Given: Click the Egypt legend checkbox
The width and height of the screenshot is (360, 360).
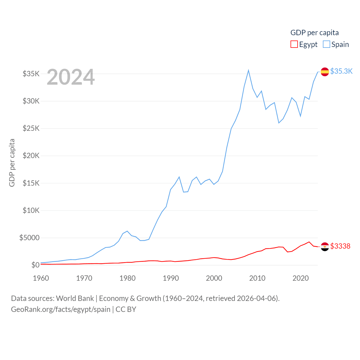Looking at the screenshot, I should (x=294, y=44).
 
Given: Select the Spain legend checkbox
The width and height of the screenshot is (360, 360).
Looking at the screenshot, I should (x=326, y=44).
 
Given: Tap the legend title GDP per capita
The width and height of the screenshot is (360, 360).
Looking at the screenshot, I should (x=314, y=33).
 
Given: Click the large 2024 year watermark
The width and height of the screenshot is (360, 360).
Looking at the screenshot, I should (x=71, y=77).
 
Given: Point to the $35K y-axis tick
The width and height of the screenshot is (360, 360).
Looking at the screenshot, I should (x=31, y=74).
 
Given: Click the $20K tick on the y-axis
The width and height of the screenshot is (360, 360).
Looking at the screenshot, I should (x=31, y=156).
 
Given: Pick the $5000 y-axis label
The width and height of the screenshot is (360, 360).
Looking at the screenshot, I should (x=29, y=238).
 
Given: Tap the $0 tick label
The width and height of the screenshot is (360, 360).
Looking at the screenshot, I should (x=35, y=265).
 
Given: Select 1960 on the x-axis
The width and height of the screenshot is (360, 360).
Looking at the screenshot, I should (x=41, y=278).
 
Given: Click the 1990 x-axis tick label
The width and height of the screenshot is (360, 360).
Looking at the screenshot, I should (x=171, y=278).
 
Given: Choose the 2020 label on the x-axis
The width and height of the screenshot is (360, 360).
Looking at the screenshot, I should (x=301, y=278).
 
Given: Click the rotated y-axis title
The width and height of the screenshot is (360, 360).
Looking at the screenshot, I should (x=12, y=163).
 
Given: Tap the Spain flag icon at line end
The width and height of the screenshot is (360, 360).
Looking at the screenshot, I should (x=325, y=72).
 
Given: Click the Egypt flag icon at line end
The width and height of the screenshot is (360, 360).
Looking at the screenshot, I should (x=325, y=247).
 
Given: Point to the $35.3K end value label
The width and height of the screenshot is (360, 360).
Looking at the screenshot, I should (x=341, y=71).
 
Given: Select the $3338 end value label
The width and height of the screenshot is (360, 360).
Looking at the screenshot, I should (x=340, y=246).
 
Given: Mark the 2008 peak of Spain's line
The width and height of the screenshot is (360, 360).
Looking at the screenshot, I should (x=248, y=70).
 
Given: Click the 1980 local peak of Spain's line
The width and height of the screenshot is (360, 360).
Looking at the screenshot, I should (x=127, y=231).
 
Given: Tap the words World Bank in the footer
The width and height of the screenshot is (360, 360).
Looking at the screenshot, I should (x=75, y=298).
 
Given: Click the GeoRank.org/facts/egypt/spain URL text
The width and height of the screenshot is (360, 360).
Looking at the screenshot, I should (x=60, y=309).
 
